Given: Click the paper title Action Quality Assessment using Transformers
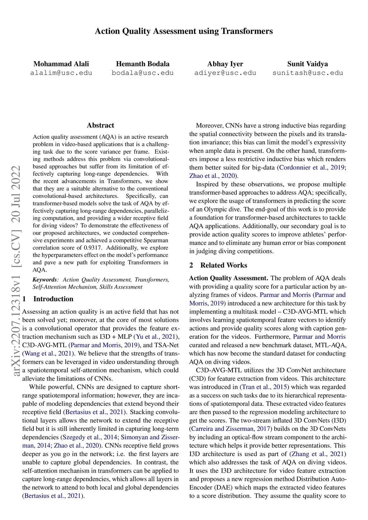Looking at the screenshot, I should [184, 31].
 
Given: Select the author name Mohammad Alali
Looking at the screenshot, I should [61, 64].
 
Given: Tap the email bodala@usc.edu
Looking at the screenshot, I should [143, 73].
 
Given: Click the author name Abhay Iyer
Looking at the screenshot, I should [225, 64].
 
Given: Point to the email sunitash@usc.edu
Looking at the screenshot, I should [308, 73].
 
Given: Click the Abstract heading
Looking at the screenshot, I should [100, 125].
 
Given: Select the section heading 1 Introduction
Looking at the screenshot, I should [48, 299].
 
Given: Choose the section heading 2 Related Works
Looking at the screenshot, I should [218, 265].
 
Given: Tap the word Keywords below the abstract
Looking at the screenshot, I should [45, 279].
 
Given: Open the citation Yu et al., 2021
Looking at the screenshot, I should [156, 337].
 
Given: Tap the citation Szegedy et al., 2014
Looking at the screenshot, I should [90, 437].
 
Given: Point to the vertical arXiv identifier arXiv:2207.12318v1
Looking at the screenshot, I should [17, 323].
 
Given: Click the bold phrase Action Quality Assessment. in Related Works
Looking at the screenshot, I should [229, 278].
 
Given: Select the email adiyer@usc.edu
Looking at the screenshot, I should [225, 73].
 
